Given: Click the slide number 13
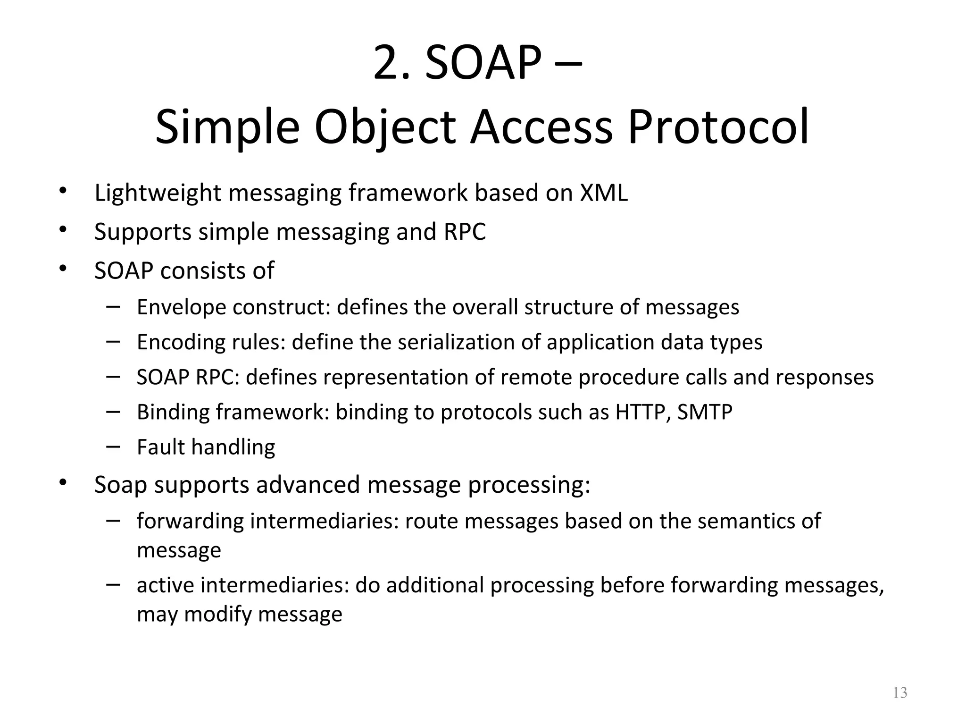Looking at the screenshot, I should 900,693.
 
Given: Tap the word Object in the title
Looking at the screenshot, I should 385,126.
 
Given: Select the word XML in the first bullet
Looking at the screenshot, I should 604,193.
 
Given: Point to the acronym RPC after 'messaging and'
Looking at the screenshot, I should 465,232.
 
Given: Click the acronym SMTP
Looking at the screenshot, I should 705,412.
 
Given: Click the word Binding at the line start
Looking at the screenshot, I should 173,412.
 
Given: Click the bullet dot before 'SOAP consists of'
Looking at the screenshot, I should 63,269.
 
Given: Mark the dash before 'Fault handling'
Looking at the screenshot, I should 113,446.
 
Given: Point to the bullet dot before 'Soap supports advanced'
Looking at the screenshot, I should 63,483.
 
